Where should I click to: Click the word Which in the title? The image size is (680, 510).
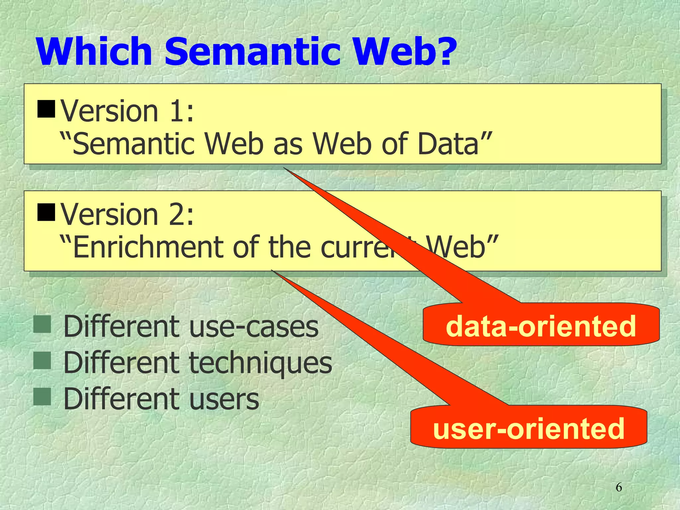coord(95,52)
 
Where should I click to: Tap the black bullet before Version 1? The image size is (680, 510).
coord(46,109)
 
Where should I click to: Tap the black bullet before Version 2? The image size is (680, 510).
coord(46,212)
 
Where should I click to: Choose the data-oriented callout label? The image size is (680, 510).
coord(541,326)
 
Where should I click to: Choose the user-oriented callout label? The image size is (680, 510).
coord(529,428)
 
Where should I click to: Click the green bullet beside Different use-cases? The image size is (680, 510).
coord(42,324)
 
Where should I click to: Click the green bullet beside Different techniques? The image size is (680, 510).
coord(42,361)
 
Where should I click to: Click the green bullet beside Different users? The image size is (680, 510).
coord(42,397)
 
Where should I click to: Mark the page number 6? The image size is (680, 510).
coord(619,487)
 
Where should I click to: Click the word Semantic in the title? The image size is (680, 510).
coord(252,52)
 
